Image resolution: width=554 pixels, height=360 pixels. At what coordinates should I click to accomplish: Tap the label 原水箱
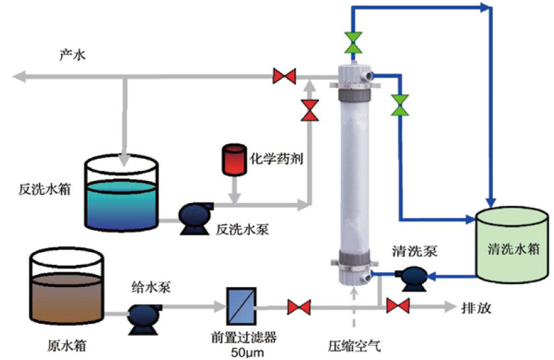click(x=68, y=347)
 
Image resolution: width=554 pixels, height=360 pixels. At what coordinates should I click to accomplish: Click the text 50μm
click(x=240, y=353)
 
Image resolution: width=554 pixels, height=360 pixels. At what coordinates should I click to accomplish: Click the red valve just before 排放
click(x=399, y=307)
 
